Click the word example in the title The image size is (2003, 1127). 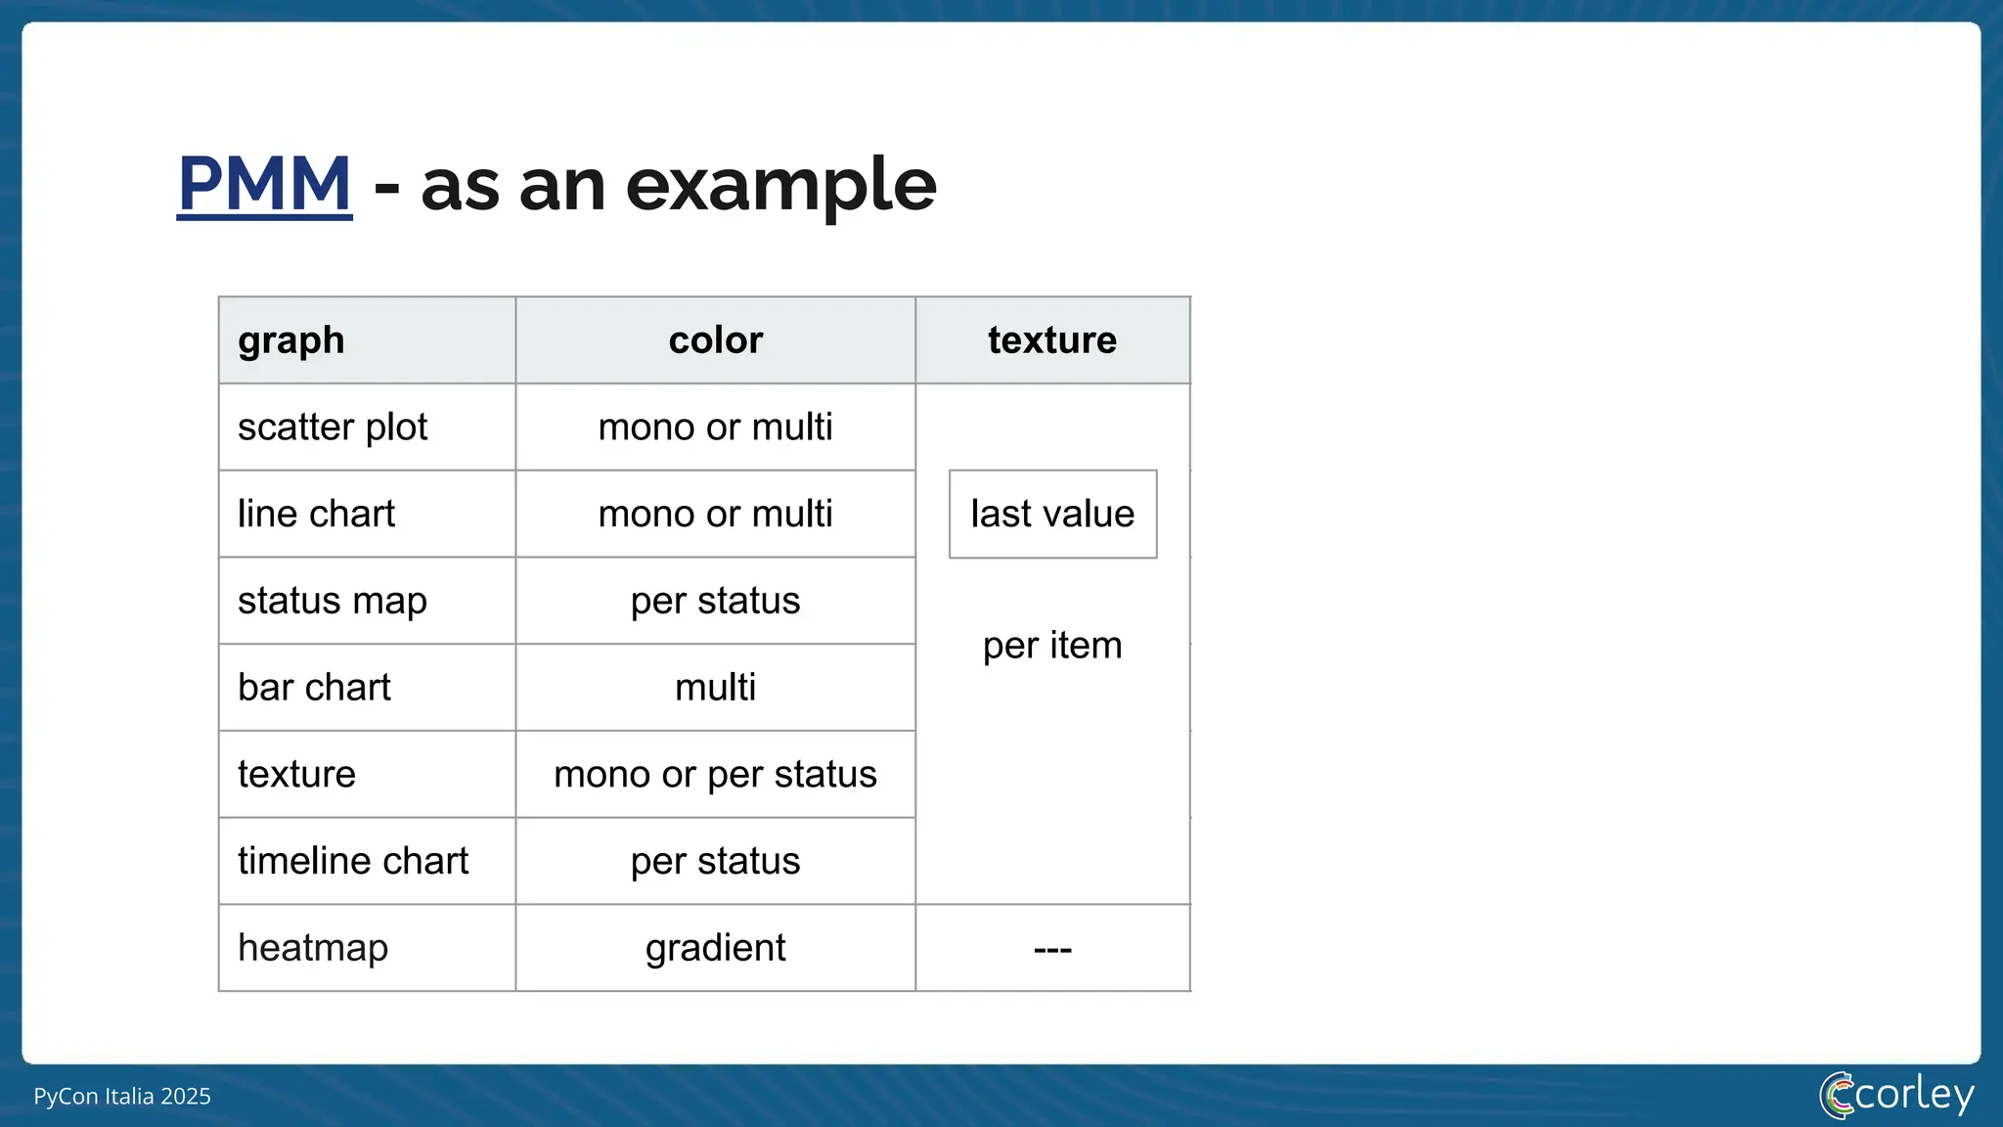(x=780, y=186)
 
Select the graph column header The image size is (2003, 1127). (x=291, y=340)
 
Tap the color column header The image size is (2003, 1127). (x=715, y=340)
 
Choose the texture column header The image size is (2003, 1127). (x=1051, y=340)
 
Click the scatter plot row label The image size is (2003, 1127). (x=333, y=428)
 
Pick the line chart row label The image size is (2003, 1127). (x=316, y=515)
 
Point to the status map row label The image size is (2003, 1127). (x=333, y=601)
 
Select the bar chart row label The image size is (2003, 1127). (x=314, y=688)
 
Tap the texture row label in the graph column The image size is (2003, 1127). (x=296, y=775)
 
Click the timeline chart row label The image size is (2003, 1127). (x=353, y=861)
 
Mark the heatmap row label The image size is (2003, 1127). (x=313, y=948)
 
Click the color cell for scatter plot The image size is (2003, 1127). (x=715, y=428)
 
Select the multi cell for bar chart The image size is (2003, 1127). (x=715, y=688)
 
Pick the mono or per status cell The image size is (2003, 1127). (x=715, y=775)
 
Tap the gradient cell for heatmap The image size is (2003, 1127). (x=715, y=948)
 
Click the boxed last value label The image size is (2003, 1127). (x=1052, y=515)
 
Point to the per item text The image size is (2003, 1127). (x=1052, y=646)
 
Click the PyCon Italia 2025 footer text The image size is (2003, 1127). (x=122, y=1096)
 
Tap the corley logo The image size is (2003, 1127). (x=1896, y=1095)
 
